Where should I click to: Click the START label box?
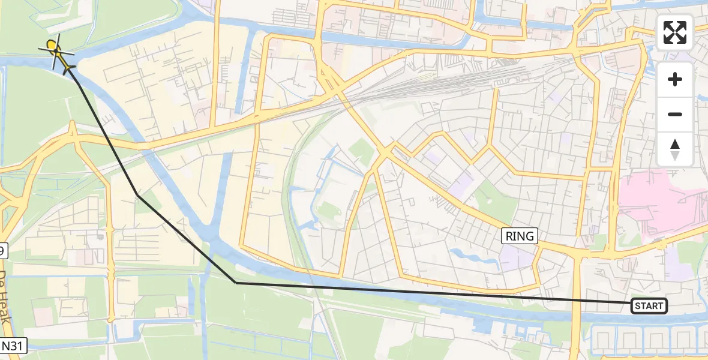tap(649, 306)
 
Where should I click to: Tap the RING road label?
tap(520, 236)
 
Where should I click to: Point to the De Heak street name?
tap(5, 297)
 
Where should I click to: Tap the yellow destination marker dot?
tap(52, 44)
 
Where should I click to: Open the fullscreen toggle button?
tap(675, 32)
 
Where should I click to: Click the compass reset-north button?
tap(675, 149)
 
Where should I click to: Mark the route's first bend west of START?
tap(236, 283)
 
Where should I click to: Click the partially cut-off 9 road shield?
tap(3, 251)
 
